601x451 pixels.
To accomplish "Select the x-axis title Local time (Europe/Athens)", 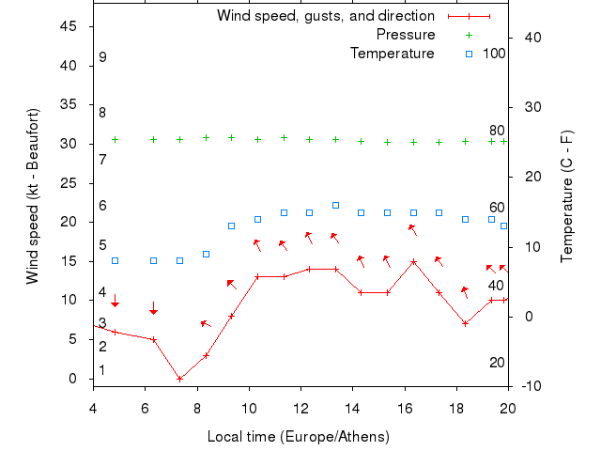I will pos(298,437).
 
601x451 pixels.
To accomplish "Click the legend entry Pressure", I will pos(406,35).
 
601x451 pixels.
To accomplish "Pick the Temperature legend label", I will pos(393,53).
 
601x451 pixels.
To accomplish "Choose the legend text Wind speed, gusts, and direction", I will pos(326,16).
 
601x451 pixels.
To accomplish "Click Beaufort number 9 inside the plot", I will pos(102,58).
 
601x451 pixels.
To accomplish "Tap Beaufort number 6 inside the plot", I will pos(102,206).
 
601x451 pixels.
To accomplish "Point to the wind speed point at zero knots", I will pos(179,379).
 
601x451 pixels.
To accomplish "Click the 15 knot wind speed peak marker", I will pos(413,261).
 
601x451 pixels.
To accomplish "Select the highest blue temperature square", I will pos(335,205).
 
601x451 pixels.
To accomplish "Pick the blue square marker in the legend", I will pos(470,53).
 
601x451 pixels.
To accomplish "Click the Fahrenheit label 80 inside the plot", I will pos(497,131).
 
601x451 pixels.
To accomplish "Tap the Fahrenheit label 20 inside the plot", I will pos(497,363).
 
